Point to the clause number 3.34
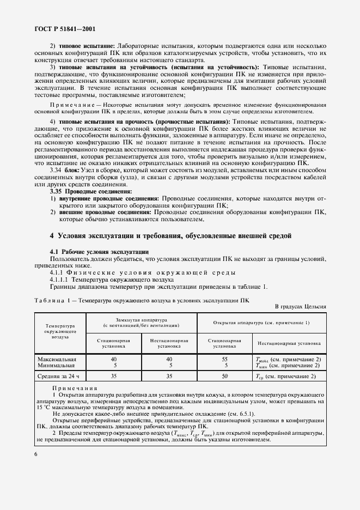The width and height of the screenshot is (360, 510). pos(57,171)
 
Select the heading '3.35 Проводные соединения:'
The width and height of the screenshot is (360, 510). pos(90,192)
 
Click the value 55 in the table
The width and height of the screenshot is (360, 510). pos(224,359)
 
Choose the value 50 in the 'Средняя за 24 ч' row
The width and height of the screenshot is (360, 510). pos(224,375)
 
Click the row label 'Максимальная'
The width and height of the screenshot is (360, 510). pos(57,359)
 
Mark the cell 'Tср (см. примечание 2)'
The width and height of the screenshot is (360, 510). pos(285,376)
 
